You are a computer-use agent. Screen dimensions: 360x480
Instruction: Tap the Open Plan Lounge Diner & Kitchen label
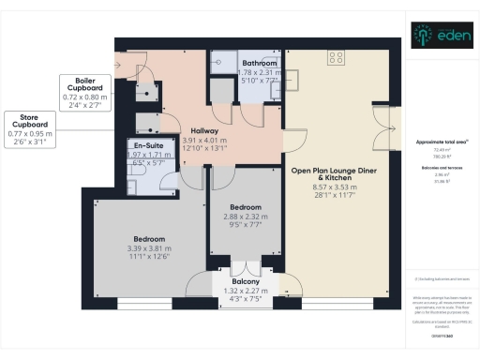click(333, 173)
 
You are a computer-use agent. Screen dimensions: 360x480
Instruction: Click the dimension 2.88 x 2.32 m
click(243, 216)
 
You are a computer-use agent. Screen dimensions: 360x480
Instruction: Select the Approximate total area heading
click(442, 142)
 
